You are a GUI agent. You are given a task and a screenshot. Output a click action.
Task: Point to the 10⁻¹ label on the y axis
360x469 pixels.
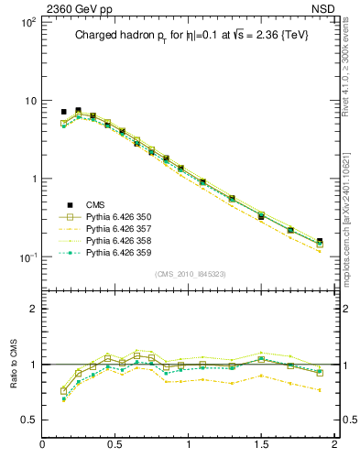(x=26, y=257)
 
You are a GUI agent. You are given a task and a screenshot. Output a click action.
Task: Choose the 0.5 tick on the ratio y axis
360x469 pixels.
(x=30, y=420)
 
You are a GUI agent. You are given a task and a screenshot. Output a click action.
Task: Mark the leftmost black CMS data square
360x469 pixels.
(x=63, y=112)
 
